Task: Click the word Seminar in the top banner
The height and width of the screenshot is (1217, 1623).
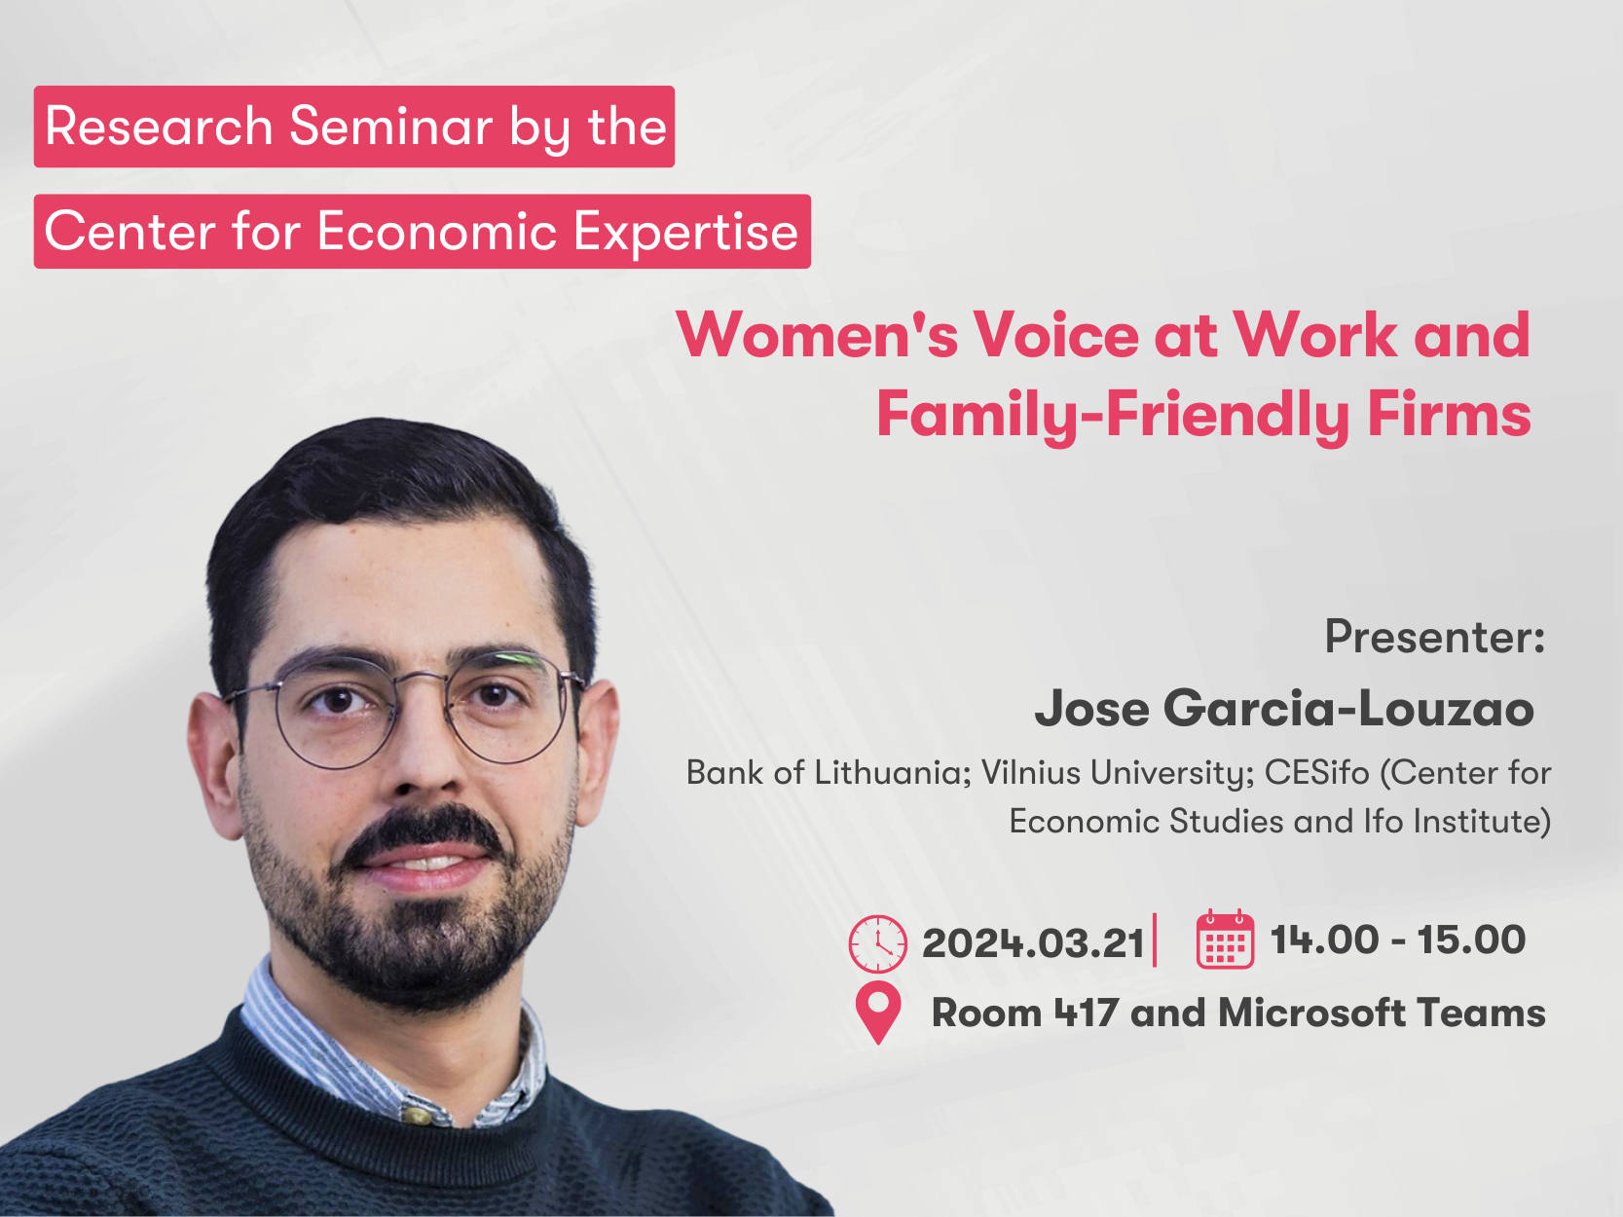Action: click(390, 126)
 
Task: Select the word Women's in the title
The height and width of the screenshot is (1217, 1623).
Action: click(816, 335)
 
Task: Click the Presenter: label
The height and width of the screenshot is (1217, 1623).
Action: click(1435, 637)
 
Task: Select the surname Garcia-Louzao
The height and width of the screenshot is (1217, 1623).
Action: click(1348, 709)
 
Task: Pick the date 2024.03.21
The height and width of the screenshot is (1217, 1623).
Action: click(1033, 943)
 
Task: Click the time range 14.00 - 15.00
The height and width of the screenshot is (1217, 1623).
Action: click(1397, 940)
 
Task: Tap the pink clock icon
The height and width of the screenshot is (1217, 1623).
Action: click(877, 943)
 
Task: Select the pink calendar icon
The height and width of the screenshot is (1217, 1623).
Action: click(1225, 939)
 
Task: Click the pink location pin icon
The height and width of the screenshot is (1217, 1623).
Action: click(877, 1010)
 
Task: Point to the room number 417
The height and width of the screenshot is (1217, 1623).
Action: click(1086, 1013)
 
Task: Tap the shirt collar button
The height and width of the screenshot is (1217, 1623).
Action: click(416, 1114)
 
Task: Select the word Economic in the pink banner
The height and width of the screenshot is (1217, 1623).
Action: click(437, 232)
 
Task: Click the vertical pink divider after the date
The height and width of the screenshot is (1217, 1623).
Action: click(1155, 940)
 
